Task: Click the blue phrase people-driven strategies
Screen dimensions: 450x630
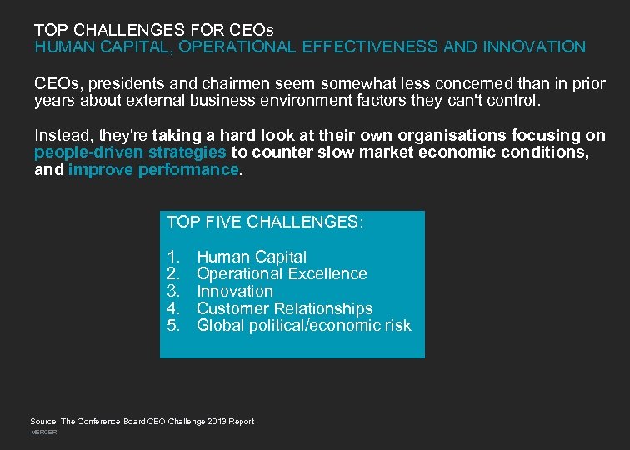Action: [x=130, y=152]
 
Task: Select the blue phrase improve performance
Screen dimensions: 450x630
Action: [x=153, y=169]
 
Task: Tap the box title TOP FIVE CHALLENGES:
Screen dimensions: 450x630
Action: [x=265, y=222]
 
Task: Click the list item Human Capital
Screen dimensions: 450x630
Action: [x=252, y=257]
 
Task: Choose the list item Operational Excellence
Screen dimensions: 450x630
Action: [x=282, y=273]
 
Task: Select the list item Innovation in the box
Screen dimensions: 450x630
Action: [x=235, y=291]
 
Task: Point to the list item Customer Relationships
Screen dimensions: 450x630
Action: [x=284, y=308]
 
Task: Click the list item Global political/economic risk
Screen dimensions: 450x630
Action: [x=303, y=325]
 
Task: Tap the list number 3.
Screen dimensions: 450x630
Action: [x=173, y=291]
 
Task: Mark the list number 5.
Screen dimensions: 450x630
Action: [x=173, y=325]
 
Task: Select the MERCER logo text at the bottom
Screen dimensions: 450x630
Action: [x=43, y=432]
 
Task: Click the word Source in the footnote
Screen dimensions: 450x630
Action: [x=44, y=422]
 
